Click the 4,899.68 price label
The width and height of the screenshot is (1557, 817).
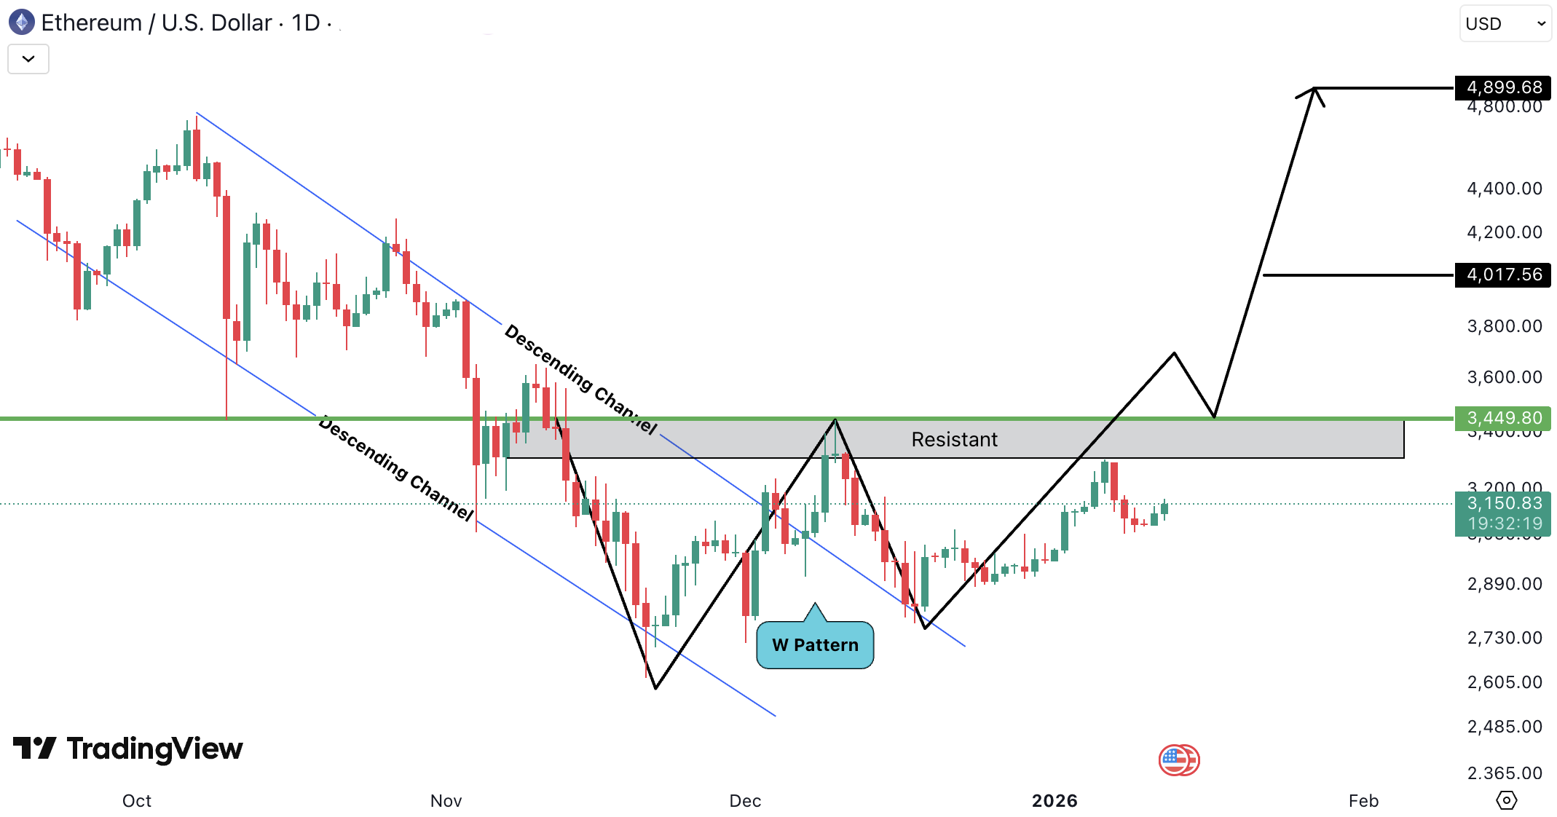click(1503, 88)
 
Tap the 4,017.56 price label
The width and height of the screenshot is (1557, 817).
click(1503, 275)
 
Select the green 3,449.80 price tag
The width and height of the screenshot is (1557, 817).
click(1503, 418)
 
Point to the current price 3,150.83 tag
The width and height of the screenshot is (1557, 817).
click(1503, 504)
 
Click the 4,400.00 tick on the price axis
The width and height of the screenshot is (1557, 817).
click(1504, 189)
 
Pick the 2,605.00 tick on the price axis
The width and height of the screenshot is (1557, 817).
click(1504, 682)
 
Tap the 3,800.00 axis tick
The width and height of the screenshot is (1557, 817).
click(1504, 326)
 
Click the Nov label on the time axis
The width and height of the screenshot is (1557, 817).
click(446, 801)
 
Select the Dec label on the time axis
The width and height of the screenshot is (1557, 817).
click(745, 801)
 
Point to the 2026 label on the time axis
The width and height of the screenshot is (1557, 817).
click(1055, 801)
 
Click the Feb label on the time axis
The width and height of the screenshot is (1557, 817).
click(1363, 801)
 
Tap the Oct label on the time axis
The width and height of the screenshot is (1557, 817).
click(137, 801)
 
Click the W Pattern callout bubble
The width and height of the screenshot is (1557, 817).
click(815, 645)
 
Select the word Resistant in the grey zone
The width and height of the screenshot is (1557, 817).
click(954, 440)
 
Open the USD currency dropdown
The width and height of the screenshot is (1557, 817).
click(1505, 24)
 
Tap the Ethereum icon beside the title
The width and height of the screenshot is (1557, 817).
click(22, 23)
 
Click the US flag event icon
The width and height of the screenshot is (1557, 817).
click(1178, 761)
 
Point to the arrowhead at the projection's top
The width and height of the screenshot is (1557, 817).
click(1314, 90)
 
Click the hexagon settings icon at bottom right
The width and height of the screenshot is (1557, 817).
click(1506, 801)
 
